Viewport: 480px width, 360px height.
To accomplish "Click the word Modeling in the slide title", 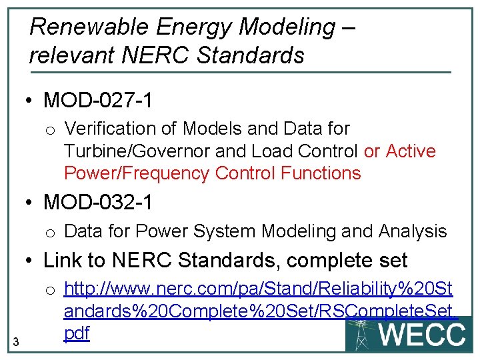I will tap(287, 27).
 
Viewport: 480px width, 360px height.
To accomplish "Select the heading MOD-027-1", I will tap(98, 101).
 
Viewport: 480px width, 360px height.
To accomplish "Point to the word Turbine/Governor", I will tap(145, 151).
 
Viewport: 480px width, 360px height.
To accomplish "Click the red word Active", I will tap(411, 151).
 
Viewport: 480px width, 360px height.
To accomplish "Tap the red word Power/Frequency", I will tap(137, 173).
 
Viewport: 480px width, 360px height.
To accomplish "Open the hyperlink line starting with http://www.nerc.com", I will tap(258, 289).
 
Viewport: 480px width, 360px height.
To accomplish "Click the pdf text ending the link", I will tap(77, 333).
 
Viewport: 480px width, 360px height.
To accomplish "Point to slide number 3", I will tap(16, 342).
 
